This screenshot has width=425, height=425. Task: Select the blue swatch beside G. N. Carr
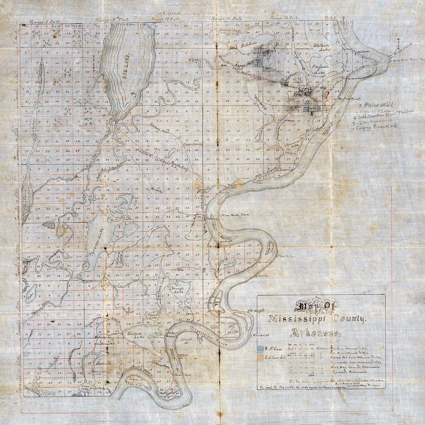click(260, 349)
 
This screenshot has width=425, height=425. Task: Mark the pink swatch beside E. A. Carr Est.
click(260, 357)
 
